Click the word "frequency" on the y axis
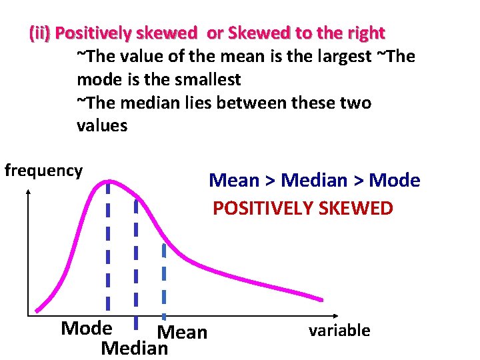43,171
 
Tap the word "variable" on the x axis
339,330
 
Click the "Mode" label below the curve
86,328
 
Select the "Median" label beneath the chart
134,348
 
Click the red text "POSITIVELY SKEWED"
303,208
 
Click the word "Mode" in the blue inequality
395,180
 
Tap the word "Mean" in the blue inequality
233,180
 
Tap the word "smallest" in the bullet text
207,79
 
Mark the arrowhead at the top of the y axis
28,192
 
